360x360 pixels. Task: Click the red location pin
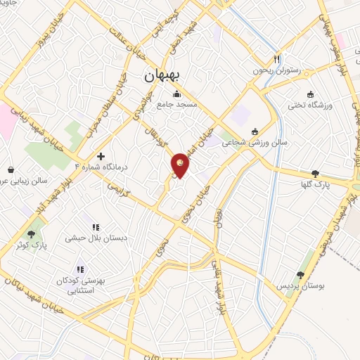(x=181, y=165)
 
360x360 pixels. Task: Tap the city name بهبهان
(x=162, y=75)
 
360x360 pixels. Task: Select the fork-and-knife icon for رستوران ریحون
(x=276, y=58)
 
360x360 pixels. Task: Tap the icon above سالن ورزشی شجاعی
(x=255, y=130)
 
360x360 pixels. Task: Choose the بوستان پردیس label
(x=301, y=287)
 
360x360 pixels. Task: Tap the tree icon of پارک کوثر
(x=31, y=233)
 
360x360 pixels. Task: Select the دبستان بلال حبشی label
(x=96, y=238)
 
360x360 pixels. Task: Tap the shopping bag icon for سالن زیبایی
(x=12, y=169)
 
